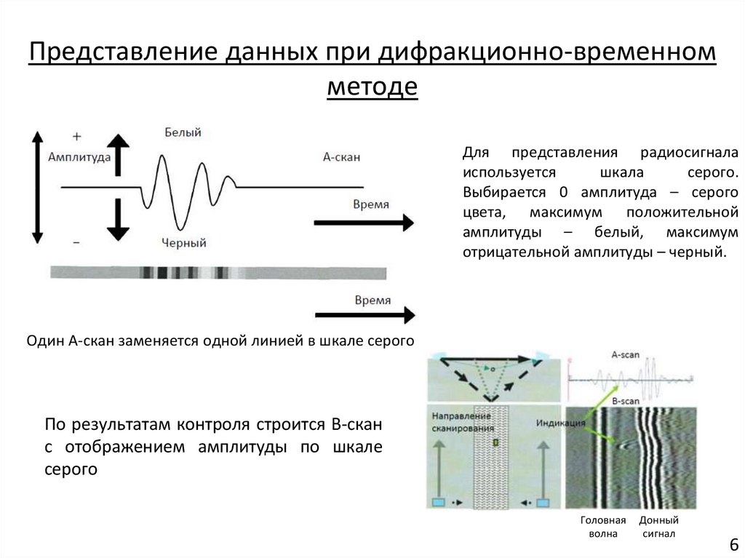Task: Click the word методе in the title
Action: [x=372, y=87]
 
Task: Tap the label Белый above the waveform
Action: [x=183, y=132]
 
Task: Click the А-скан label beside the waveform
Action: [x=342, y=156]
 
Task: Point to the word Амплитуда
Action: [x=79, y=156]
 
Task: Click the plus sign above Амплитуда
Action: [x=76, y=136]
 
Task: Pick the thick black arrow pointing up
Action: [x=118, y=152]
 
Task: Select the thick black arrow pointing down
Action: [x=118, y=218]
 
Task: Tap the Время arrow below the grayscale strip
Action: [x=364, y=314]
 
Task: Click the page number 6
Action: [x=733, y=545]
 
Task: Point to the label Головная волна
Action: [x=603, y=527]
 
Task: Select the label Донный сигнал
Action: [x=658, y=527]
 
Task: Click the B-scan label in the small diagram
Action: [x=625, y=401]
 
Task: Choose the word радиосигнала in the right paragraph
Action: [x=689, y=153]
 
